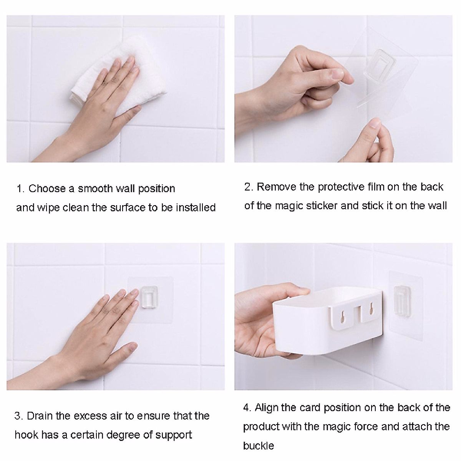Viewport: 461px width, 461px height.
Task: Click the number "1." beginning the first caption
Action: point(21,189)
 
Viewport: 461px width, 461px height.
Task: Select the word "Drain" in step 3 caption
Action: point(40,416)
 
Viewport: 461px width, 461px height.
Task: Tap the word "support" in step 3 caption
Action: point(173,435)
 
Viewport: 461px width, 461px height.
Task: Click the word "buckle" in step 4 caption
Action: point(258,446)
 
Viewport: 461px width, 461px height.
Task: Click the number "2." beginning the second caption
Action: point(249,187)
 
